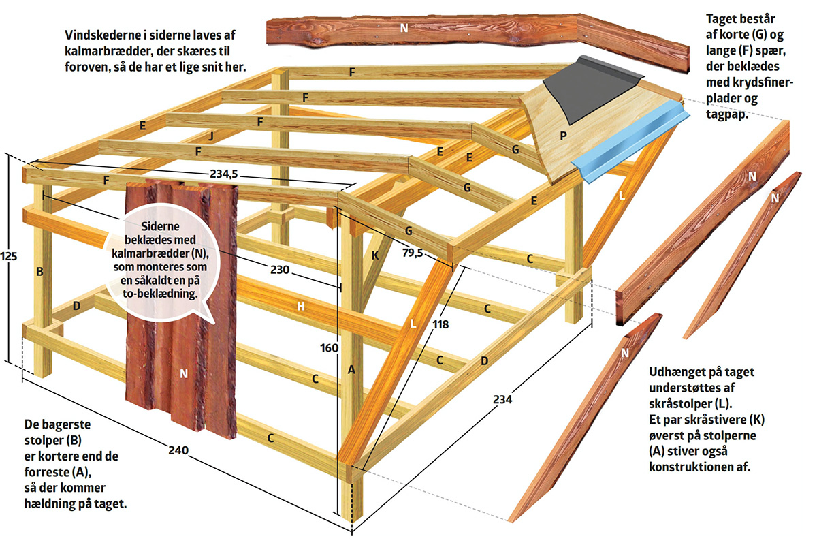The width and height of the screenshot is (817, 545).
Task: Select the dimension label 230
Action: tap(279, 270)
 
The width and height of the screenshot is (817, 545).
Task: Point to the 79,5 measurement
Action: tap(413, 253)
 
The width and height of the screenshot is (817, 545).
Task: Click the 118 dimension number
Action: tap(440, 325)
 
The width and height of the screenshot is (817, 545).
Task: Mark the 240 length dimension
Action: tap(178, 450)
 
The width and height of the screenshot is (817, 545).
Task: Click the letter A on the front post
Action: tap(351, 370)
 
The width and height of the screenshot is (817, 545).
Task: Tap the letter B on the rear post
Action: tap(40, 272)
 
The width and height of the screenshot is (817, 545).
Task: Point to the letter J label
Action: tap(212, 136)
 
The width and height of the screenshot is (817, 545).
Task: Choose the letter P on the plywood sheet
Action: tap(563, 136)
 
